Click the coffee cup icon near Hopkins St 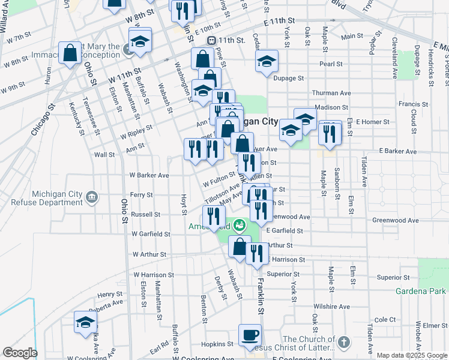pyautogui.click(x=250, y=335)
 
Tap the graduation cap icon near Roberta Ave pyautogui.click(x=85, y=322)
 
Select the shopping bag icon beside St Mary pyautogui.click(x=70, y=53)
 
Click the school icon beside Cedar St pyautogui.click(x=267, y=61)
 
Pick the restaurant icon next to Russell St pyautogui.click(x=214, y=217)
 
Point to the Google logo pyautogui.click(x=19, y=353)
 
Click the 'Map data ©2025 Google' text pyautogui.click(x=412, y=355)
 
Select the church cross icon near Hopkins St pyautogui.click(x=343, y=342)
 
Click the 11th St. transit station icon pyautogui.click(x=211, y=40)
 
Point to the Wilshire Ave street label pyautogui.click(x=331, y=307)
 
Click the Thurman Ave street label pyautogui.click(x=331, y=93)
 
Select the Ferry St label pyautogui.click(x=142, y=195)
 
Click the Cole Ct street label pyautogui.click(x=385, y=320)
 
